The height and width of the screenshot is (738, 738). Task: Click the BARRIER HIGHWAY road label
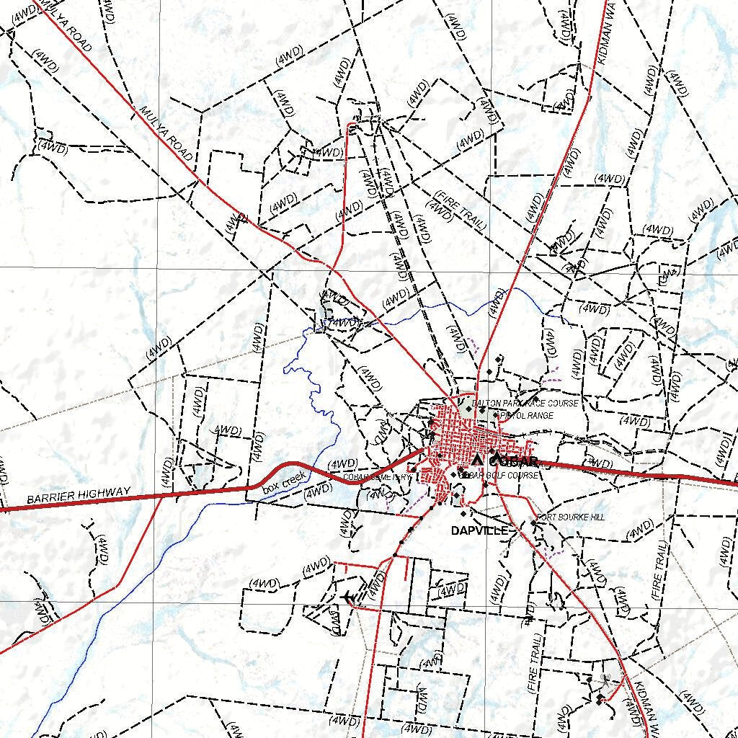79,496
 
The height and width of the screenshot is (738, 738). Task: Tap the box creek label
284,481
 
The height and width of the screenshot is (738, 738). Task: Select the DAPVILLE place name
479,531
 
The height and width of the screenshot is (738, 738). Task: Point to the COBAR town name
514,461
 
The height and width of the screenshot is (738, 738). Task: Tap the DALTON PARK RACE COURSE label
525,404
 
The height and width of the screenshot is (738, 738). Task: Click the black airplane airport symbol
349,597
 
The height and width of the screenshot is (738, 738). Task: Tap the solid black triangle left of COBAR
476,460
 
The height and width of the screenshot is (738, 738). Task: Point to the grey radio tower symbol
604,679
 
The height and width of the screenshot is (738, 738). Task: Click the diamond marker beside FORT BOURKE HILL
534,523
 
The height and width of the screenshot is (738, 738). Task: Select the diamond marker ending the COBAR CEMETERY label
413,476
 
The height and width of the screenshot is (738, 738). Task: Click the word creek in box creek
293,479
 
